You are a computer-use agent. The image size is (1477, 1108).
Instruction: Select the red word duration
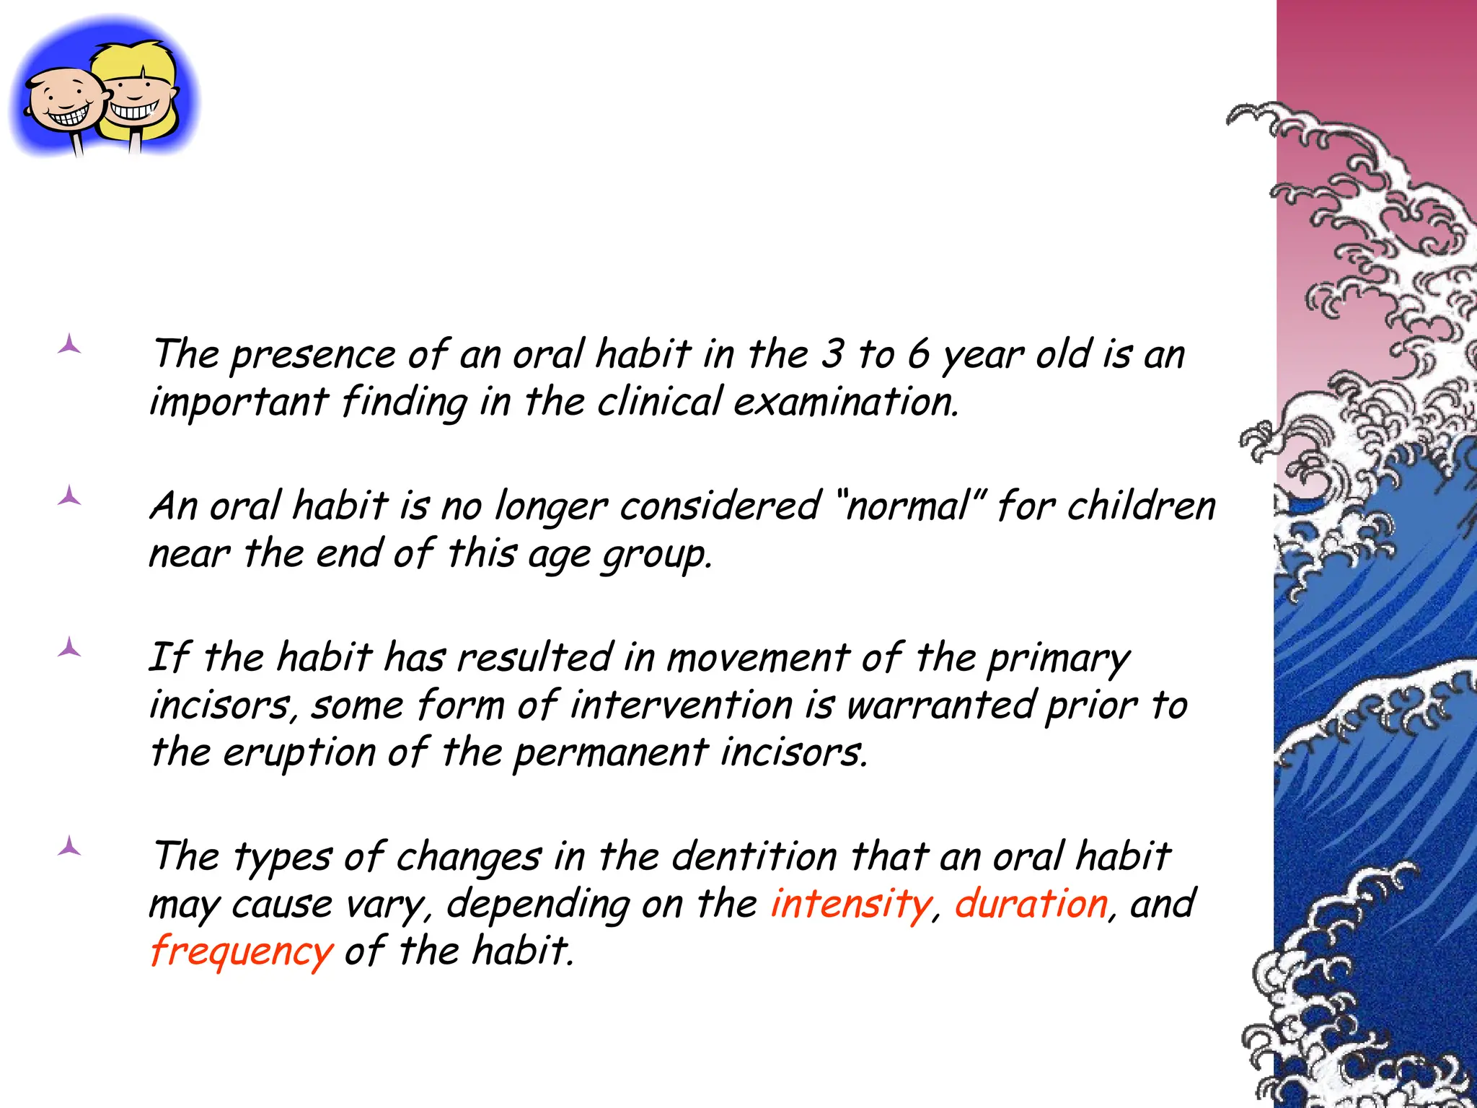click(x=1031, y=904)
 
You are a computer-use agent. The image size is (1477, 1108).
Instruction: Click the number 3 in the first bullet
click(x=832, y=354)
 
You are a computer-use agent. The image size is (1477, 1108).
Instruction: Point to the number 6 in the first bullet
click(x=918, y=354)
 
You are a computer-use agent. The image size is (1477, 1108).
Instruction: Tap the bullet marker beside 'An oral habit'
click(x=69, y=496)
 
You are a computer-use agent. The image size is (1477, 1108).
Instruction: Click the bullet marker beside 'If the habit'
click(x=69, y=648)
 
